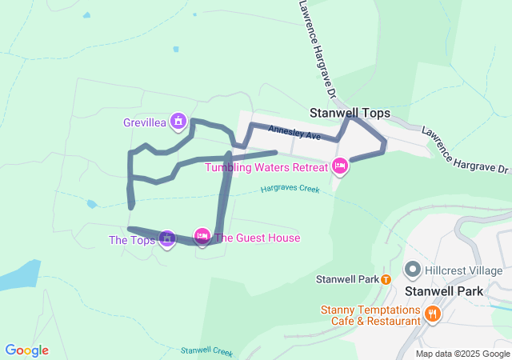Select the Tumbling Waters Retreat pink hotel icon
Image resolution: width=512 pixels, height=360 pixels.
point(339,166)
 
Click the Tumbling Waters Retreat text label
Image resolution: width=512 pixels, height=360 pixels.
point(266,167)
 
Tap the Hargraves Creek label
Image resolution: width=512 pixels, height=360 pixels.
point(290,190)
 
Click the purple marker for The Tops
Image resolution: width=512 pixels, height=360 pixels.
point(166,238)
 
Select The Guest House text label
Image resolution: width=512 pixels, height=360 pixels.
point(257,238)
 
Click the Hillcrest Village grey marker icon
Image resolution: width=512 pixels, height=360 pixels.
point(413,270)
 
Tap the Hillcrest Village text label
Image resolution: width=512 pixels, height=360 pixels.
point(465,270)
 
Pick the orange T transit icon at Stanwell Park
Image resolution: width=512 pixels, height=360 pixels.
point(386,279)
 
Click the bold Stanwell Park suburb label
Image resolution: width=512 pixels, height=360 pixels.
point(444,291)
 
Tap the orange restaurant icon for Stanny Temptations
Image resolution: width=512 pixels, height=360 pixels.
point(432,313)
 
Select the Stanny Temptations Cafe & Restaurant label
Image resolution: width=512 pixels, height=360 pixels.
point(370,315)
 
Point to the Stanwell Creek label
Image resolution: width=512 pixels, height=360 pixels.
point(206,350)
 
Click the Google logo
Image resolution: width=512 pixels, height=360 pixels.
point(26,350)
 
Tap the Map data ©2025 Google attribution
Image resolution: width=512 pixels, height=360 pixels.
point(462,354)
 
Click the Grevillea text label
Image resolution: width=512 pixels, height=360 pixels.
point(144,122)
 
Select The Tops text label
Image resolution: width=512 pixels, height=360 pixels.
point(132,240)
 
